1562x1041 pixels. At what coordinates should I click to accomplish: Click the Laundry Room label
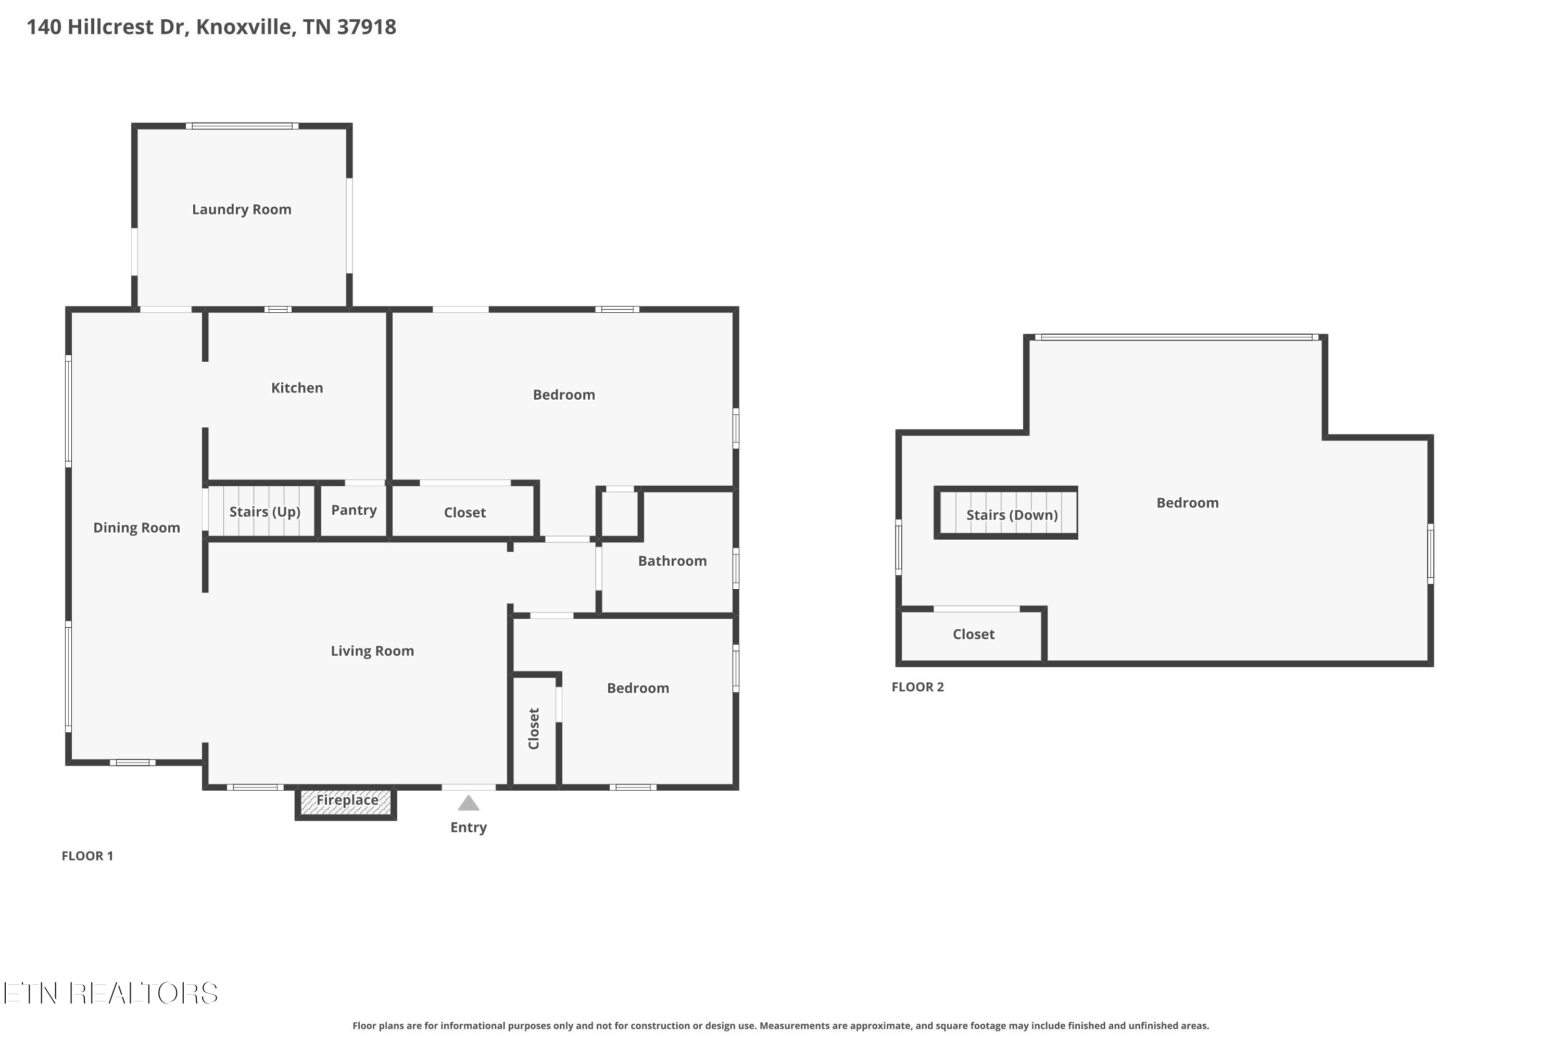pos(242,210)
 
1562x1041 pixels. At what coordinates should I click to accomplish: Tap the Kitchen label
pos(297,388)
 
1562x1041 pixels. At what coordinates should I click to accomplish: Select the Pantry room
pos(354,510)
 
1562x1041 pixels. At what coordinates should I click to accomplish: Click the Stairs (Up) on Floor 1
pos(264,512)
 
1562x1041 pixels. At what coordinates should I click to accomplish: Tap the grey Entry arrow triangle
pos(468,804)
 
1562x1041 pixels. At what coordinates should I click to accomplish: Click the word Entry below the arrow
pos(468,827)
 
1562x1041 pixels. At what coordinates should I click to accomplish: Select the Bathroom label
pos(672,561)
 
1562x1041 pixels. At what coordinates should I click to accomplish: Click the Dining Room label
pos(137,528)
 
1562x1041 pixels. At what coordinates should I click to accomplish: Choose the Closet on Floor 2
pos(973,634)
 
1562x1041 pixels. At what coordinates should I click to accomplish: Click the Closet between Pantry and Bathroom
pos(464,513)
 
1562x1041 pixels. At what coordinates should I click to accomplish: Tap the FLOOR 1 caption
pos(87,856)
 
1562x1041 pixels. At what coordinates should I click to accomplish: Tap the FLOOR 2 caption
pos(917,687)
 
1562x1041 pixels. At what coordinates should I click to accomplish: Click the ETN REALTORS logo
pos(110,993)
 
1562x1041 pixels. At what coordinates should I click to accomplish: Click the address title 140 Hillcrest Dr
pos(211,27)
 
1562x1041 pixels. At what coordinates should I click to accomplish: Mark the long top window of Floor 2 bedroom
pos(1176,337)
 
